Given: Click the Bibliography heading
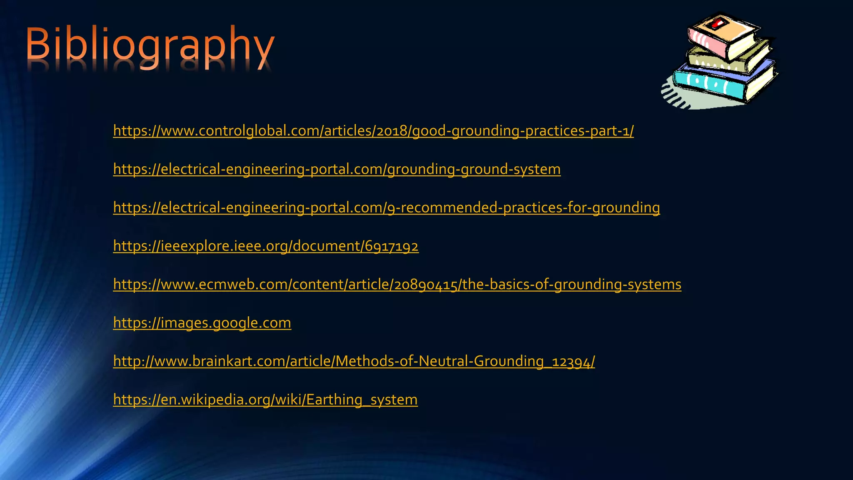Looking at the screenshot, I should [x=150, y=46].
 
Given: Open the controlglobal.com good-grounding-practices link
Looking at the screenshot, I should [x=373, y=131].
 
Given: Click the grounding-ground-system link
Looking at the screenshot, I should [x=337, y=169].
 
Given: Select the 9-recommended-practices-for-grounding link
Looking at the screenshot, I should [x=386, y=207].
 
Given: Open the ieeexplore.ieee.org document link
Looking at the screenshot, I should [x=266, y=246].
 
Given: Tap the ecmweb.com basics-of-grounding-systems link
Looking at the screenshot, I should [x=397, y=284].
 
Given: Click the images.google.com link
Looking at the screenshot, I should [x=202, y=322].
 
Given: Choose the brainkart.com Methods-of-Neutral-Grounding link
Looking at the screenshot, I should [x=354, y=361].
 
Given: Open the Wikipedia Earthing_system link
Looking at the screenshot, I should [x=265, y=399].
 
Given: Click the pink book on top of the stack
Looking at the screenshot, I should [x=708, y=40].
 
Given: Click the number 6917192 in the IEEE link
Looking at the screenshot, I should [x=392, y=246].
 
